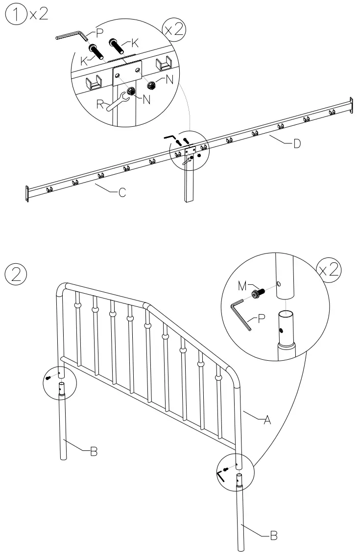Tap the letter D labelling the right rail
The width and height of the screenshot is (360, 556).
pos(297,145)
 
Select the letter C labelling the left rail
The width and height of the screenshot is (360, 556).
pos(122,193)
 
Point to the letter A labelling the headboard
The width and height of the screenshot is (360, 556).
pos(267,419)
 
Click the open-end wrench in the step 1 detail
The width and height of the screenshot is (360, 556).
pos(118,102)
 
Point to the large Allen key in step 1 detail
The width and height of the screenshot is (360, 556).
pos(71,35)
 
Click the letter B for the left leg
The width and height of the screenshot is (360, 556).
pos(93,452)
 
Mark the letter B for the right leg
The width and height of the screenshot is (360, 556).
pos(274,536)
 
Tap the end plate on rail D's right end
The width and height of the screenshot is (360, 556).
pos(351,105)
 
